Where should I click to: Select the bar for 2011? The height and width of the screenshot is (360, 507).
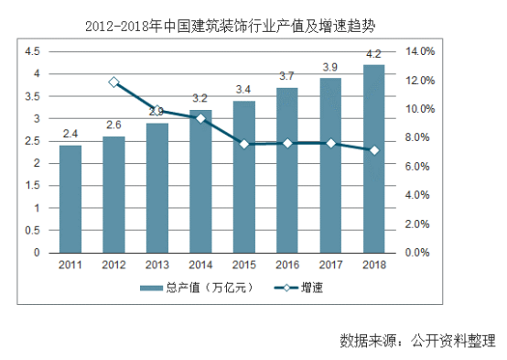click(x=70, y=199)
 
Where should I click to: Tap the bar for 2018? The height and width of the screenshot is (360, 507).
click(x=373, y=158)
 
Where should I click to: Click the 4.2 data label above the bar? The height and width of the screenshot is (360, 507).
click(x=373, y=56)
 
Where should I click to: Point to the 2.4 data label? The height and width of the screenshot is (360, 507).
click(x=70, y=136)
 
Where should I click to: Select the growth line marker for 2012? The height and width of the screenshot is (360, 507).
click(x=113, y=82)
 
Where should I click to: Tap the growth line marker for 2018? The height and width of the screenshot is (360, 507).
click(x=373, y=150)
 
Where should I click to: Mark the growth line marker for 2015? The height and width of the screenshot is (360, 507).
click(x=244, y=144)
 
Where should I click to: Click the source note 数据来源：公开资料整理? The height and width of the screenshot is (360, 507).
click(x=416, y=340)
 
